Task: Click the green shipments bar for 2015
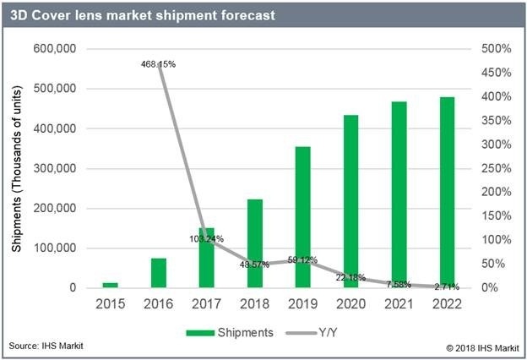(x=111, y=286)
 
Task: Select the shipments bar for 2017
(x=207, y=258)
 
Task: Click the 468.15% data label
(x=160, y=64)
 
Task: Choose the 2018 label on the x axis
(x=254, y=303)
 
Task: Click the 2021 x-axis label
(x=399, y=303)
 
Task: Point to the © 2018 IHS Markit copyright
(x=479, y=347)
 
